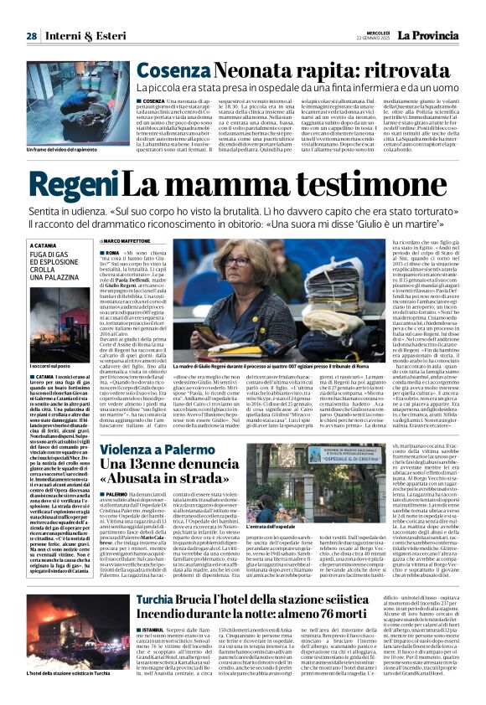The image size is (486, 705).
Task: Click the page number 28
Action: [31, 36]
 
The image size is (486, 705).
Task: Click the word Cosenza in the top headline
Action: [170, 71]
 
